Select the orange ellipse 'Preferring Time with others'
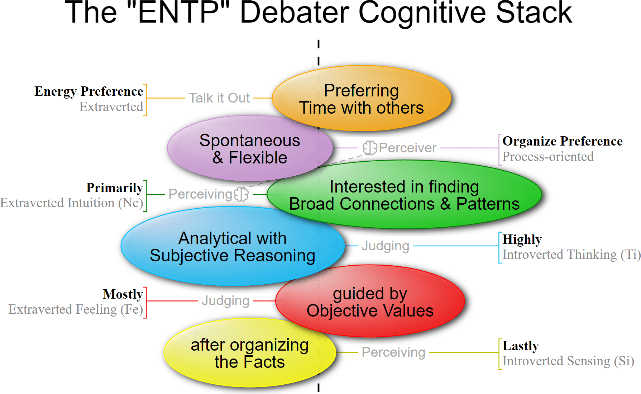tap(361, 99)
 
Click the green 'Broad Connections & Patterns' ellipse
tap(404, 195)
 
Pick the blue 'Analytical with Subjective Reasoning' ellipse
tap(232, 247)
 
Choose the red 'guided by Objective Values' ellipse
tap(370, 302)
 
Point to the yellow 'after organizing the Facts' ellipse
tap(249, 353)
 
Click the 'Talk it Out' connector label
tap(219, 98)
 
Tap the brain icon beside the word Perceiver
tap(370, 148)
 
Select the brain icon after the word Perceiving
tap(241, 194)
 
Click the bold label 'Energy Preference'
tap(89, 91)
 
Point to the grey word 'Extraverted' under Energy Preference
tap(111, 107)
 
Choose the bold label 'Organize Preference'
tap(562, 141)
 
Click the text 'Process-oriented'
tap(548, 157)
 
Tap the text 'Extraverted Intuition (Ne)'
tap(72, 203)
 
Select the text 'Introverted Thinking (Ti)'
tap(571, 255)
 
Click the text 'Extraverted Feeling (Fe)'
tap(76, 309)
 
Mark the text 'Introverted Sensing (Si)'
tap(568, 361)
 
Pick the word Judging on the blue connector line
tap(385, 246)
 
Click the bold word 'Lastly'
tap(520, 346)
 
